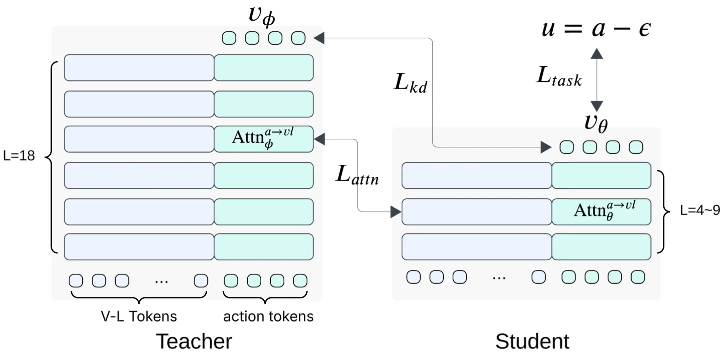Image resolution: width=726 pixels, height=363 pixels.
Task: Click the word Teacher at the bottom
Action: pos(194,341)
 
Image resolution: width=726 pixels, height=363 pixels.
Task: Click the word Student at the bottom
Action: pos(532,341)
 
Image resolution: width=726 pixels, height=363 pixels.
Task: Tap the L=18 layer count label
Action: pos(19,156)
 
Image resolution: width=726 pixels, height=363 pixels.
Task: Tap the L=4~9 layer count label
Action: pos(700,210)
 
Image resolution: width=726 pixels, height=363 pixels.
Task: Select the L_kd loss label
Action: pos(410,83)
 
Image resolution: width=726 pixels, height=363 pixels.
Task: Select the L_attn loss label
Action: pos(357,175)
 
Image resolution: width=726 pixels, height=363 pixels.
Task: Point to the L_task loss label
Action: pos(559,76)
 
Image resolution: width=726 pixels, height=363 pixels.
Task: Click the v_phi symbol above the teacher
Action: pos(262,15)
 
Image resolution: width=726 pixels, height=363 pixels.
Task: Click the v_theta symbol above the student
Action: pos(596,123)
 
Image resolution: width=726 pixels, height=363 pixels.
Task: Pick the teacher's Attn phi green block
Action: pos(264,139)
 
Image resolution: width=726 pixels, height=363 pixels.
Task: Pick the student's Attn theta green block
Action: pos(601,212)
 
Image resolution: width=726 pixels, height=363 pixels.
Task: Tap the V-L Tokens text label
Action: pos(138,316)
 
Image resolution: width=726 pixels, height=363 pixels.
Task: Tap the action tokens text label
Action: pos(268,316)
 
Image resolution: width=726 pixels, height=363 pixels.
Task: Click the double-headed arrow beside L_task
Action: pos(596,80)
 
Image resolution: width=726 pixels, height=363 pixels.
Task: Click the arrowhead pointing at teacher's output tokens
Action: pos(319,38)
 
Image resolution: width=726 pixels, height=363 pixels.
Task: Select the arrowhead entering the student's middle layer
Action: pos(395,212)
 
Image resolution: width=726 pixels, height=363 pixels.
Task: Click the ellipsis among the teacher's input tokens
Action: pos(161,282)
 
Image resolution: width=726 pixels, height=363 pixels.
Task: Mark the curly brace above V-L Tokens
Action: pos(139,297)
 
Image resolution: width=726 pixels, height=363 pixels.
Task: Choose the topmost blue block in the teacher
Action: pos(139,68)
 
